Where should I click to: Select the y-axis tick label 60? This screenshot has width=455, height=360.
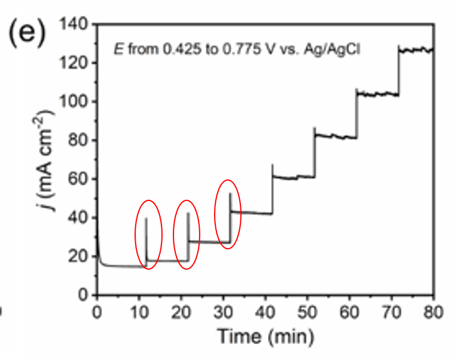pos(78,179)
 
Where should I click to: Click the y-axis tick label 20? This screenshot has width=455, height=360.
pos(78,257)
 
